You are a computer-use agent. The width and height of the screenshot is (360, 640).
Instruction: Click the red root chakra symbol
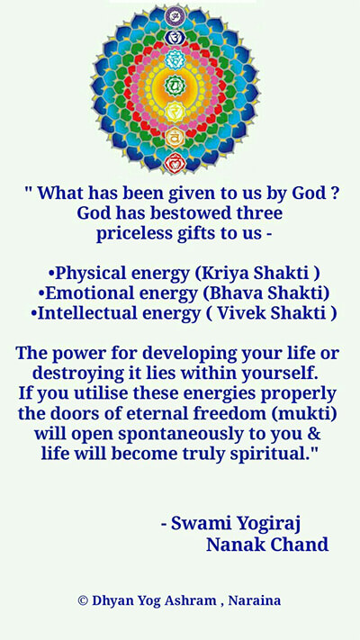175,162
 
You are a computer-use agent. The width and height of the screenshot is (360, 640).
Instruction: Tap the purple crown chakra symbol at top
175,16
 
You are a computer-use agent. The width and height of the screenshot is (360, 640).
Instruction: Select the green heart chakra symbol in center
175,85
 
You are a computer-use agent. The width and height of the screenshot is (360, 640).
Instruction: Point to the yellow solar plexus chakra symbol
175,111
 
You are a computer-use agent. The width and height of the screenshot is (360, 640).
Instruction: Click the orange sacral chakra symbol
175,137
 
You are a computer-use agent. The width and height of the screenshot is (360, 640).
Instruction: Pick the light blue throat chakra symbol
175,59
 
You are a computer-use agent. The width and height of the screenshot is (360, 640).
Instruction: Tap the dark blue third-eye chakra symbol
175,38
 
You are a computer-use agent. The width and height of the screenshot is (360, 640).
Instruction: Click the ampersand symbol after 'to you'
313,434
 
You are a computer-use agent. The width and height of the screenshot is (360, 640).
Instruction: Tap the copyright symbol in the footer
83,600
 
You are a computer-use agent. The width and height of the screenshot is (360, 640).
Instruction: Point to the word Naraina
255,600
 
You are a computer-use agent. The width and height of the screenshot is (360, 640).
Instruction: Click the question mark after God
334,193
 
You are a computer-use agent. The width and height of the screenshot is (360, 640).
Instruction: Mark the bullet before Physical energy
51,273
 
